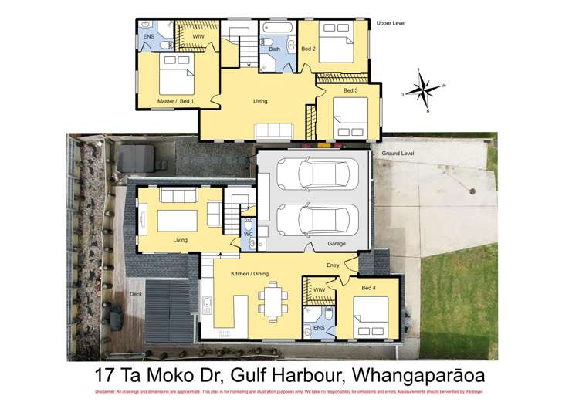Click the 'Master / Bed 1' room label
(x=175, y=101)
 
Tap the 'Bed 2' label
(x=308, y=49)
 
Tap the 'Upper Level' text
(x=391, y=23)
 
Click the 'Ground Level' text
(x=398, y=154)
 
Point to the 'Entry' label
(x=333, y=265)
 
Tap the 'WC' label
(x=248, y=233)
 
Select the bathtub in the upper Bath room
(x=276, y=28)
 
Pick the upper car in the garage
(x=317, y=174)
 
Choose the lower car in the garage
(x=317, y=218)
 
